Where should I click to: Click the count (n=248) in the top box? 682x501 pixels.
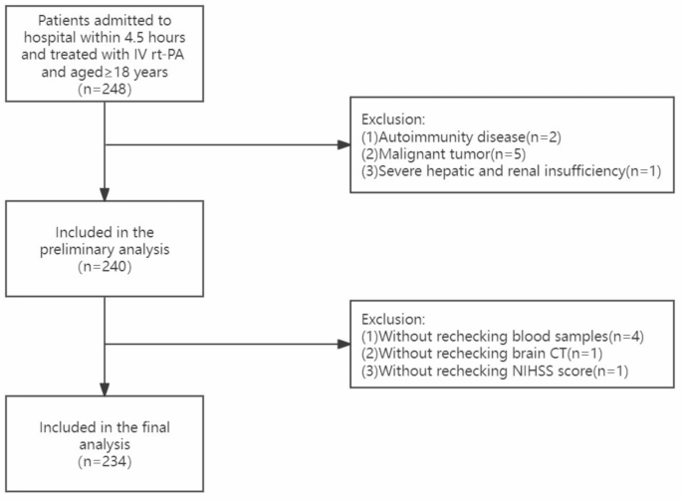pos(104,89)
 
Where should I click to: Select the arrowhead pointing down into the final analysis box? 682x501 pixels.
pos(104,391)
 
